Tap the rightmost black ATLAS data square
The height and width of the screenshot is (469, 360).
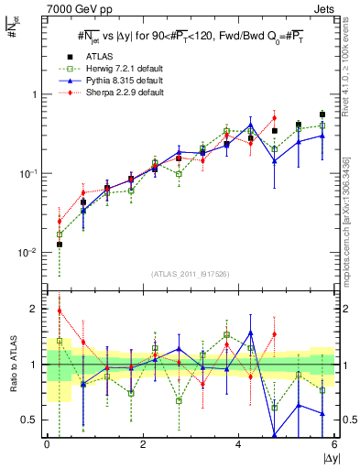coord(322,115)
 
